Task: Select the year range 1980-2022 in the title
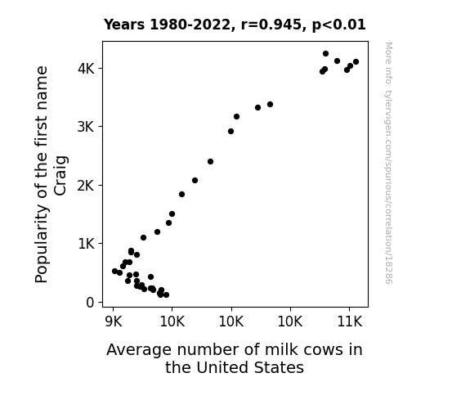tap(190, 25)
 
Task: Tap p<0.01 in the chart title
tap(339, 25)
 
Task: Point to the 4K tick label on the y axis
tap(86, 69)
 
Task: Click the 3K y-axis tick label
tap(86, 127)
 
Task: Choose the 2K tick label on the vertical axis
tap(86, 186)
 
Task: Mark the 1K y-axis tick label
tap(86, 244)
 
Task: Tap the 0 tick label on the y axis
tap(90, 303)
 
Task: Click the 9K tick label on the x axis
tap(114, 322)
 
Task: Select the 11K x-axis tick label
tap(350, 322)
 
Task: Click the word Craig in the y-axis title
tap(60, 176)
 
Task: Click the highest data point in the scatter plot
tap(325, 54)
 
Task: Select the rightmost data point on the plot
tap(356, 62)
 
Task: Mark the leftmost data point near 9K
tap(114, 271)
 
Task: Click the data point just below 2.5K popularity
tap(210, 162)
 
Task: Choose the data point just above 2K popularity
tap(195, 180)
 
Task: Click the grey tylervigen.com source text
tap(388, 163)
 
